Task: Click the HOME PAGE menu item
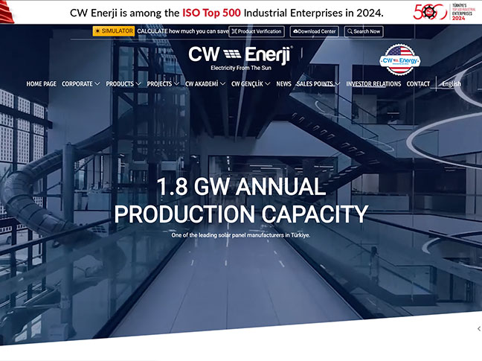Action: (41, 84)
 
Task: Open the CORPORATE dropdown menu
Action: (80, 84)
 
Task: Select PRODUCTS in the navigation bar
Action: (123, 84)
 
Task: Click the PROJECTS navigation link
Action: (163, 84)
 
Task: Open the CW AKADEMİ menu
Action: (205, 84)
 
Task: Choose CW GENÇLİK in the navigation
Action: (251, 84)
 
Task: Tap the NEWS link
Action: (283, 84)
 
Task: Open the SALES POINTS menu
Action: (318, 84)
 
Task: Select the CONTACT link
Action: (418, 84)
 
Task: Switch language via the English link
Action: (451, 84)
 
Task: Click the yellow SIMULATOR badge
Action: (114, 31)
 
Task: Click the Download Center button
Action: (315, 31)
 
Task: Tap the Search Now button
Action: (363, 31)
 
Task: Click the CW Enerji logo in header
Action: (240, 57)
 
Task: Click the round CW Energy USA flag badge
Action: (400, 59)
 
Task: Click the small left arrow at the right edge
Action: (478, 328)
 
